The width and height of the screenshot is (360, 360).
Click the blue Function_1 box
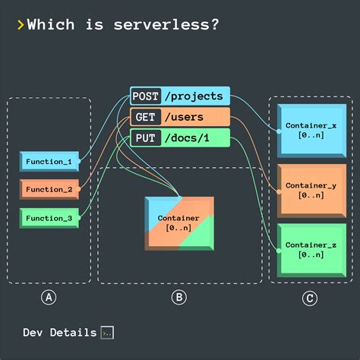coord(49,162)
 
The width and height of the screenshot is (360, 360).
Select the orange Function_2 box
coord(49,190)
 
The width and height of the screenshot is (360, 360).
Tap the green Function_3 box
coord(49,218)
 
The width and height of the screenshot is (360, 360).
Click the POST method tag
coord(145,96)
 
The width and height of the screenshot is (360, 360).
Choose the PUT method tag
coord(144,138)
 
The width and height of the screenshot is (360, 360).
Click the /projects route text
coord(194,96)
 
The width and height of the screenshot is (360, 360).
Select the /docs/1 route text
coord(187,138)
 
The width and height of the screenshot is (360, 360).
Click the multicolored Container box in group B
coord(178,223)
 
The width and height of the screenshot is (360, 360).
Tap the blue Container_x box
coord(306,129)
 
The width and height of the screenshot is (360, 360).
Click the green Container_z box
coord(306,248)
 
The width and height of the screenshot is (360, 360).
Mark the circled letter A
coord(49,298)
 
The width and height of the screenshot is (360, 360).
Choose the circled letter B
coord(178,298)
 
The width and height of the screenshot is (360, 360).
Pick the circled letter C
coord(308,298)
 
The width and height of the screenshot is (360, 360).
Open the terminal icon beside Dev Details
coord(107,333)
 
